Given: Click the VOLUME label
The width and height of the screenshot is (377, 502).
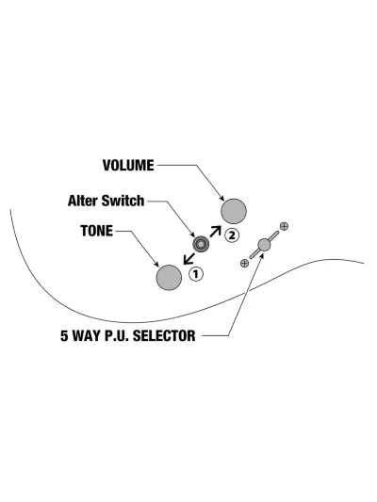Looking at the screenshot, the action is pyautogui.click(x=128, y=166).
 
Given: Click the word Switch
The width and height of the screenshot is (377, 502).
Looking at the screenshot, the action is pyautogui.click(x=123, y=201).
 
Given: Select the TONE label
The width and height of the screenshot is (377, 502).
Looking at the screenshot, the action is pyautogui.click(x=97, y=231).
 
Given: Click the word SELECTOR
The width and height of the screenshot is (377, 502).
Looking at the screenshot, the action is pyautogui.click(x=164, y=336).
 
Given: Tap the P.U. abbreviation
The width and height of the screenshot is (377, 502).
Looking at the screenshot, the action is pyautogui.click(x=117, y=336).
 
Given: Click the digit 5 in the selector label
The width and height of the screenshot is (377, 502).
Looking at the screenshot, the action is pyautogui.click(x=64, y=336).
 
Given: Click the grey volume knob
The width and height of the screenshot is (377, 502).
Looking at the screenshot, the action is pyautogui.click(x=234, y=211).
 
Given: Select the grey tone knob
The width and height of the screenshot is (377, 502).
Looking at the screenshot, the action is pyautogui.click(x=169, y=278).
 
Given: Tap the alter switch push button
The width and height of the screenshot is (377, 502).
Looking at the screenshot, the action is pyautogui.click(x=201, y=244).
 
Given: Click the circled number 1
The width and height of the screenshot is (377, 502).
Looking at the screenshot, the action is pyautogui.click(x=196, y=274).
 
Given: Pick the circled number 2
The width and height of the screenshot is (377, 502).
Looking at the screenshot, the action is pyautogui.click(x=232, y=235).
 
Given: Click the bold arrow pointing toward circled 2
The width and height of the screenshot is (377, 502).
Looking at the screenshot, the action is pyautogui.click(x=215, y=232).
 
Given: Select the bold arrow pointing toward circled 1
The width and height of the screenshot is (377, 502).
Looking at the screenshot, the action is pyautogui.click(x=189, y=258).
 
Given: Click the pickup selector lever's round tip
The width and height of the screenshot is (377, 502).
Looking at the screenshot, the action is pyautogui.click(x=264, y=245).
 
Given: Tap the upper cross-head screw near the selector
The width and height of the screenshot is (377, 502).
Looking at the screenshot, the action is pyautogui.click(x=284, y=226).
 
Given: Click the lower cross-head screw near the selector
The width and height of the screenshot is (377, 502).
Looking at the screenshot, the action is pyautogui.click(x=244, y=263).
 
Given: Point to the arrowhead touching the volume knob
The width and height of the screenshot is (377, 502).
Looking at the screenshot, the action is pyautogui.click(x=221, y=199).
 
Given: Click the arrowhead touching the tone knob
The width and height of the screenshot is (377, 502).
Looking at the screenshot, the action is pyautogui.click(x=156, y=265).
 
